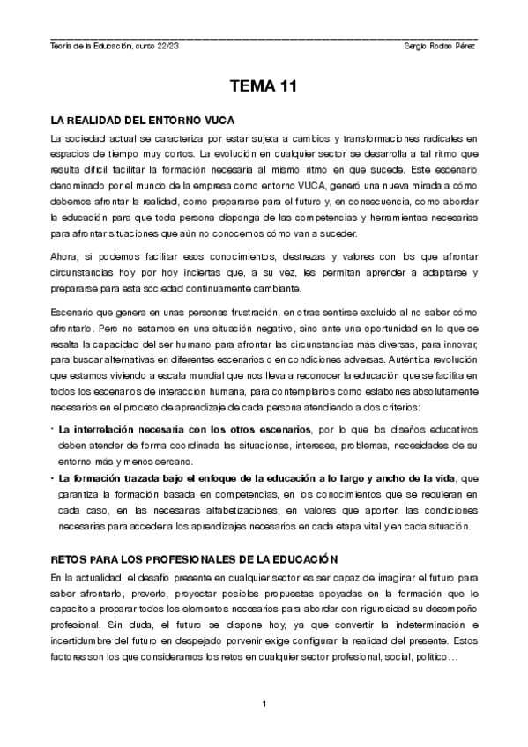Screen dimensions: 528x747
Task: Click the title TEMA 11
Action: (264, 87)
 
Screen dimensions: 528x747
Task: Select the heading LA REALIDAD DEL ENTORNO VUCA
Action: (142, 120)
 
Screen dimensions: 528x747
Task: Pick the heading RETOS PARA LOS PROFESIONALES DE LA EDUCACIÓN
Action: (195, 559)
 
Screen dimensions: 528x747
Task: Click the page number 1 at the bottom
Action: (264, 704)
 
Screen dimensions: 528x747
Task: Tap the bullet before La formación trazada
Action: (52, 478)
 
